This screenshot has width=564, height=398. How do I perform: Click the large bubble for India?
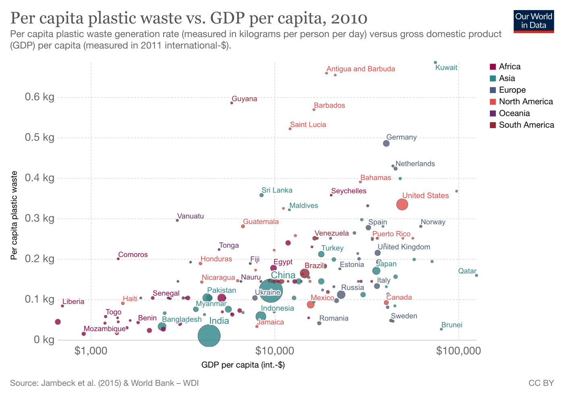tap(209, 336)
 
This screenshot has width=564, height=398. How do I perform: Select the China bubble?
tap(271, 290)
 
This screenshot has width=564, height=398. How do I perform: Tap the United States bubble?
tap(402, 205)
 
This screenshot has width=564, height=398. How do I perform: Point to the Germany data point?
tap(386, 143)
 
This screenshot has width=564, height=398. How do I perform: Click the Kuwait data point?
tap(435, 62)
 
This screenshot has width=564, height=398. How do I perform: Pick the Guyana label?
tap(244, 99)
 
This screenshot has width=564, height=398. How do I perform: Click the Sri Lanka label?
tap(277, 191)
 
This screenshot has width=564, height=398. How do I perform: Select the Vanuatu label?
tap(191, 216)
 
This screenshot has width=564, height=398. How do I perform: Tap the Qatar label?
tap(467, 271)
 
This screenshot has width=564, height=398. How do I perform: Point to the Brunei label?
tap(452, 325)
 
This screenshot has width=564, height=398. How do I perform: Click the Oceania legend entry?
tap(514, 113)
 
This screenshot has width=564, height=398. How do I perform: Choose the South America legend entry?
tap(526, 125)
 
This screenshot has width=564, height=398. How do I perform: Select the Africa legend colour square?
tap(492, 67)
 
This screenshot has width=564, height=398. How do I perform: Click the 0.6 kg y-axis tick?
tap(39, 97)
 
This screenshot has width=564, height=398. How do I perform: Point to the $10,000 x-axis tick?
tap(275, 351)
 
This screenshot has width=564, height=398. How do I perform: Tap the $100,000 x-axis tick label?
tap(458, 351)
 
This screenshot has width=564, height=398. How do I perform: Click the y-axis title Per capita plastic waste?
tap(15, 216)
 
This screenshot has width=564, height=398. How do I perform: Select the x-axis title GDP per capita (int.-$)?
tap(243, 365)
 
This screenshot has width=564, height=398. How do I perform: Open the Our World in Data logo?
tap(533, 21)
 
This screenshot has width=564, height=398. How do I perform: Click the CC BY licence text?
tap(541, 383)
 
